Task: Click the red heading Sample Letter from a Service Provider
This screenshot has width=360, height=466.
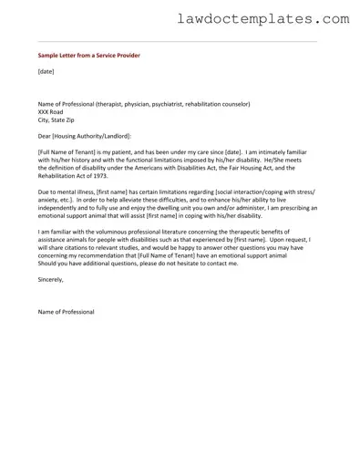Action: point(84,54)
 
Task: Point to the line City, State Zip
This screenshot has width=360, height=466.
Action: point(58,119)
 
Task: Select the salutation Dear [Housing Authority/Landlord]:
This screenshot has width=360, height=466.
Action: point(85,136)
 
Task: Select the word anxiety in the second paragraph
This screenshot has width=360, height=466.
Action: point(50,201)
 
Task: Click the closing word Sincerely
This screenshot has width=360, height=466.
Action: point(51,281)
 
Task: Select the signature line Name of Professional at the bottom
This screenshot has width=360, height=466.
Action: point(66,312)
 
